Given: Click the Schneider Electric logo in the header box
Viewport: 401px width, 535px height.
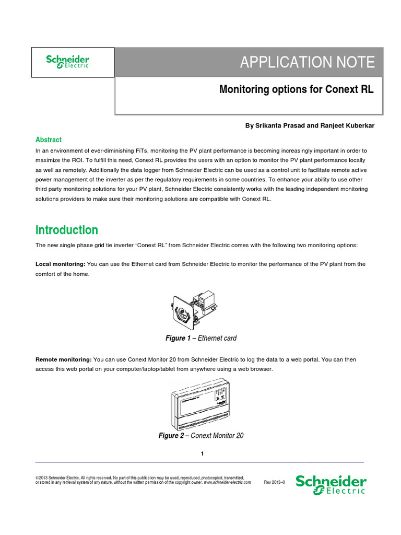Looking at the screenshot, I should pyautogui.click(x=68, y=62).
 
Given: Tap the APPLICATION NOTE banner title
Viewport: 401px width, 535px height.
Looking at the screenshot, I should pyautogui.click(x=307, y=62).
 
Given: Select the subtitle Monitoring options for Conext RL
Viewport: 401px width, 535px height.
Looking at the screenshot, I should pyautogui.click(x=296, y=89).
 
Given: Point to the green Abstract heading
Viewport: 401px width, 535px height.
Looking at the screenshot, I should pyautogui.click(x=49, y=139).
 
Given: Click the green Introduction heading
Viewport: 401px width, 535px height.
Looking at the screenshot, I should pyautogui.click(x=66, y=230).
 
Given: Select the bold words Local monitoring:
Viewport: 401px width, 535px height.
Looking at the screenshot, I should pyautogui.click(x=60, y=264).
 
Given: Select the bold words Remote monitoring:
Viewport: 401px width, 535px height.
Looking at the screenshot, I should pyautogui.click(x=63, y=360).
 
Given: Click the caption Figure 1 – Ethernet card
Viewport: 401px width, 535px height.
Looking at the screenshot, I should pyautogui.click(x=200, y=338).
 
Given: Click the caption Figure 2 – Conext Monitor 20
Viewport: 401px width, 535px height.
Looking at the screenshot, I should pyautogui.click(x=200, y=436).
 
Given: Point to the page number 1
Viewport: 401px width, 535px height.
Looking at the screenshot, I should pyautogui.click(x=202, y=453).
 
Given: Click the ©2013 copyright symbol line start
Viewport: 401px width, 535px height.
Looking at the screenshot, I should pyautogui.click(x=38, y=478).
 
